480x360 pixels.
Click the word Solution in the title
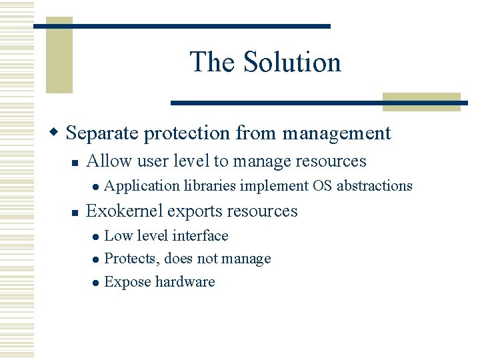(x=292, y=62)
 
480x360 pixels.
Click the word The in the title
(x=213, y=62)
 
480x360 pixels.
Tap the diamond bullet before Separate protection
(x=57, y=132)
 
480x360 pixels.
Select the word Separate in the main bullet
(x=103, y=133)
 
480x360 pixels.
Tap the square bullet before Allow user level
(x=77, y=162)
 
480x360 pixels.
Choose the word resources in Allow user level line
(x=334, y=161)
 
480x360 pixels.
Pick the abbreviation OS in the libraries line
(x=323, y=186)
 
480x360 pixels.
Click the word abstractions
(x=375, y=186)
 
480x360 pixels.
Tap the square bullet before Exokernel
(x=77, y=212)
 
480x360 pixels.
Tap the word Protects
(x=132, y=259)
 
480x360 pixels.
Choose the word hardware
(x=185, y=282)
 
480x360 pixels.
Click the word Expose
(x=127, y=282)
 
